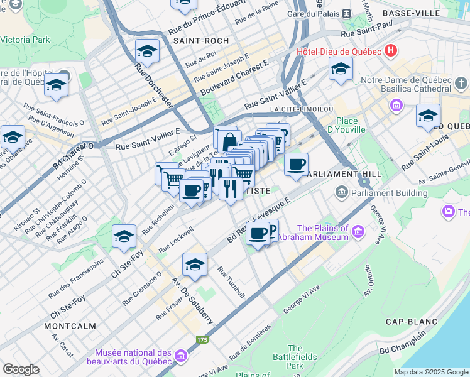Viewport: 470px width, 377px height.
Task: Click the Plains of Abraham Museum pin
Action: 359,232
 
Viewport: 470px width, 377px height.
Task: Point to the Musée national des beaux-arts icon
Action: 181,357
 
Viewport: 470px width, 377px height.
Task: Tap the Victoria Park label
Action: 25,40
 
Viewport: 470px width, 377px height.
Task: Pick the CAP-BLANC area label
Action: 411,322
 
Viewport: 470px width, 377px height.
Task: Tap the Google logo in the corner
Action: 21,369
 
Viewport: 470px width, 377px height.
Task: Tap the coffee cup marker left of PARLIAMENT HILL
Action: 296,165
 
